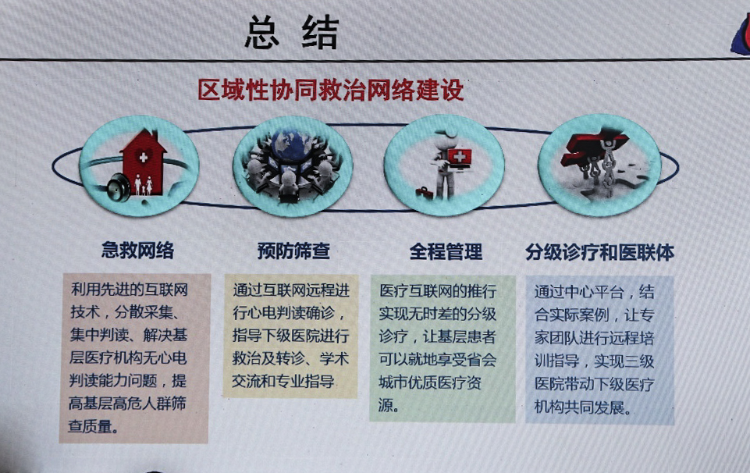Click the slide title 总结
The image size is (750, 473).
[x=292, y=33]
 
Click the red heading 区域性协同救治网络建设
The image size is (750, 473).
[x=331, y=90]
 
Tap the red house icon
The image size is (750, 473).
[x=143, y=161]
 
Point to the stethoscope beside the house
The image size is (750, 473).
[x=118, y=187]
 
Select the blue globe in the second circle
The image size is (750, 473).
[x=291, y=144]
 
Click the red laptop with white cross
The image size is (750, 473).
[x=458, y=158]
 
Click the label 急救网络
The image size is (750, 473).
[x=138, y=250]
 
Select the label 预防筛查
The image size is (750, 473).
[x=293, y=251]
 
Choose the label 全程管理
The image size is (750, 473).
[x=446, y=251]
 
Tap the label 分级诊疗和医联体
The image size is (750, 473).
[x=600, y=252]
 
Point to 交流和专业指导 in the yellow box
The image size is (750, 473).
[x=283, y=381]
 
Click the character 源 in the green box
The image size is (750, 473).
[x=386, y=405]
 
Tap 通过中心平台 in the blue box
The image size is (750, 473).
[x=579, y=291]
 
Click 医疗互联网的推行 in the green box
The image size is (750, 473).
[x=438, y=291]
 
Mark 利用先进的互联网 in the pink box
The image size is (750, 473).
[x=129, y=290]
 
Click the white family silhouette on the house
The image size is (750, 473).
[x=144, y=185]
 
